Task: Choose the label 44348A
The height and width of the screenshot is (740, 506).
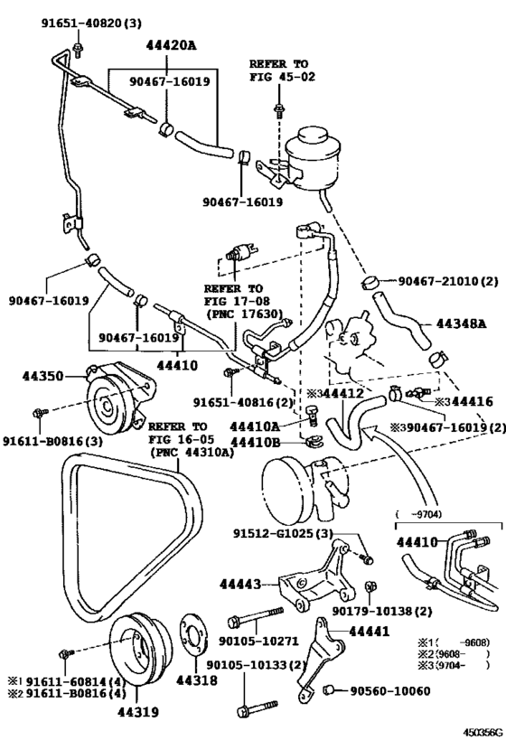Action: [x=462, y=323]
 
